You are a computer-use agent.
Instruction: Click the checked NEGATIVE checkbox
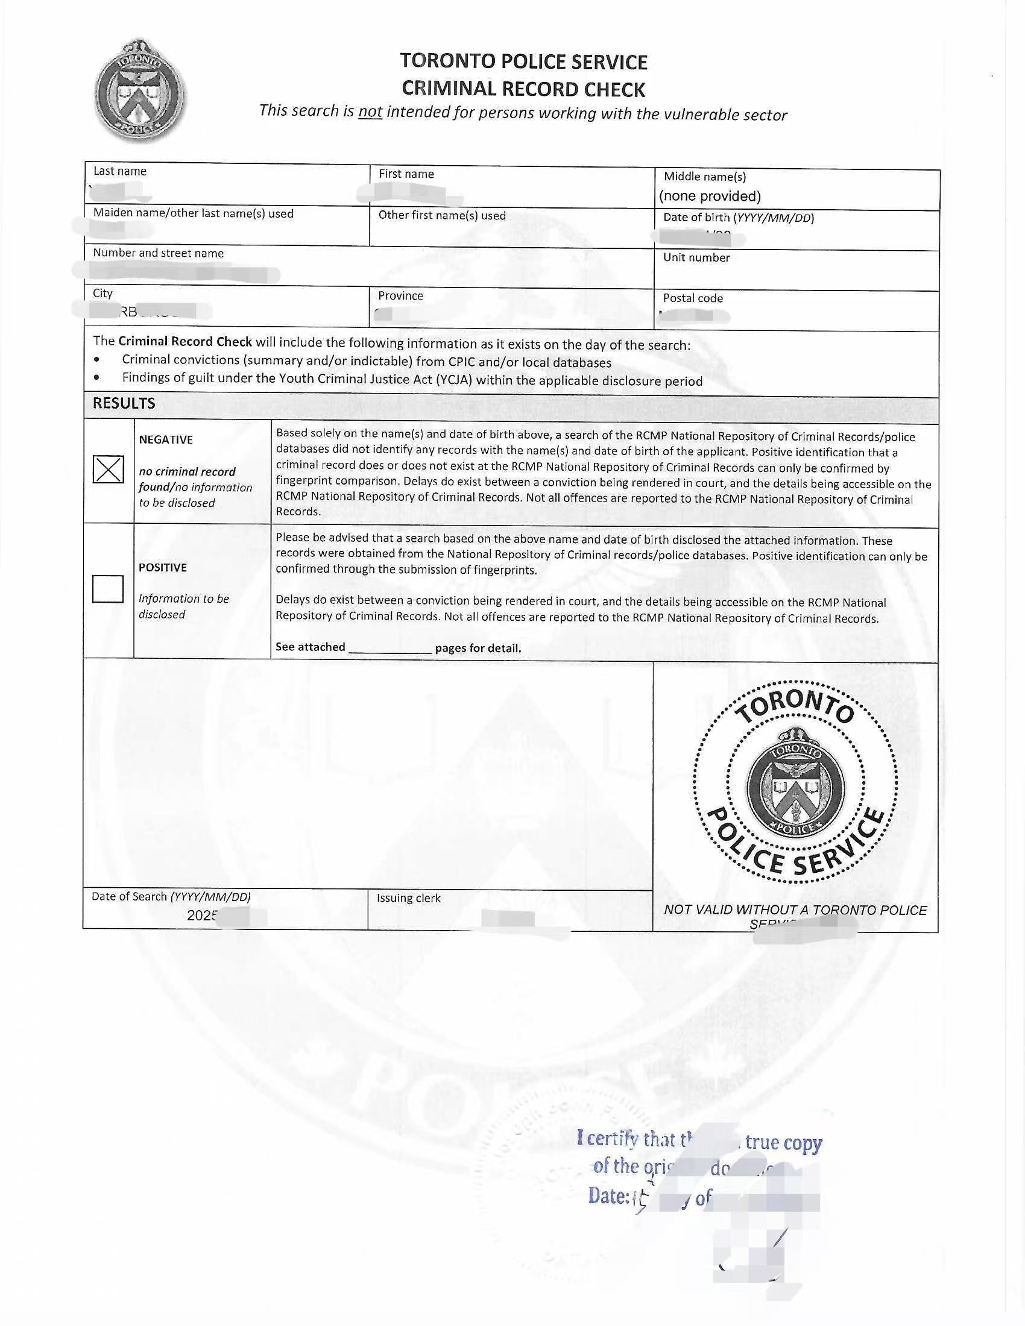[108, 470]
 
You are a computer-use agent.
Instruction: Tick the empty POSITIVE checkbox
[108, 588]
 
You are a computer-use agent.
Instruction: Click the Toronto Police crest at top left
[140, 92]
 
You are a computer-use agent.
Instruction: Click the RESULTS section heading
[124, 403]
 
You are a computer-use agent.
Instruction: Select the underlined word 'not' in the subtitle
[370, 111]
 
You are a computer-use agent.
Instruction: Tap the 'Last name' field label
[119, 171]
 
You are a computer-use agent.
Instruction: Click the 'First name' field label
[406, 174]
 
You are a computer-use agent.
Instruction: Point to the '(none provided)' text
[710, 196]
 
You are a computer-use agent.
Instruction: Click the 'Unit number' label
[696, 257]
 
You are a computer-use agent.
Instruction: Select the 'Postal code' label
[693, 298]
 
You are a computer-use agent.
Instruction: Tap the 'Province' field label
[400, 296]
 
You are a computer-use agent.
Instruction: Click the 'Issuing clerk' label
[408, 898]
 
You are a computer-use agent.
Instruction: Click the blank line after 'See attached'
[390, 649]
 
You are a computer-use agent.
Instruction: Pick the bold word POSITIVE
[163, 568]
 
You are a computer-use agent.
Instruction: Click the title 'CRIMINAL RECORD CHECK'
[523, 89]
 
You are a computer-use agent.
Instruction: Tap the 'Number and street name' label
[158, 253]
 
